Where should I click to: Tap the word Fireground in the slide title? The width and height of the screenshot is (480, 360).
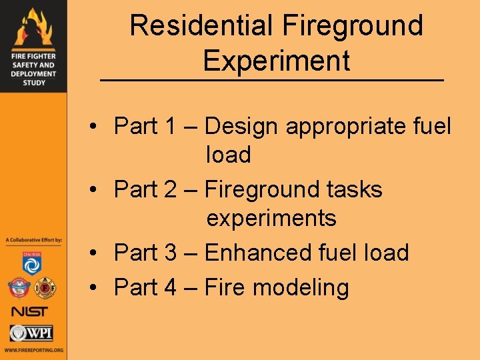(353, 26)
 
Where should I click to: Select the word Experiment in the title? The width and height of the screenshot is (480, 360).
(277, 61)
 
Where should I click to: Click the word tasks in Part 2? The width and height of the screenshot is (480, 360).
(351, 189)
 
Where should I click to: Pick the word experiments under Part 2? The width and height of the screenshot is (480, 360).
(271, 218)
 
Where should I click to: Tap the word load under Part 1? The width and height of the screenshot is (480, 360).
(229, 155)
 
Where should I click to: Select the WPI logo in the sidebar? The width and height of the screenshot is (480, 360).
(31, 333)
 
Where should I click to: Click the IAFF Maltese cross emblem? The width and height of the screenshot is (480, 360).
(45, 288)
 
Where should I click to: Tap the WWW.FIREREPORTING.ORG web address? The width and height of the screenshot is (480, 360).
(33, 350)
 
